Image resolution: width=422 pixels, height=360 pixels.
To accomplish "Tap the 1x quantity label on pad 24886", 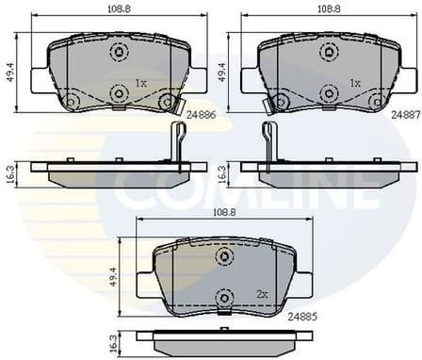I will [x=141, y=83].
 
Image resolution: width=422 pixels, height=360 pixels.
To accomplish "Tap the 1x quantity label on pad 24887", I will [x=355, y=83].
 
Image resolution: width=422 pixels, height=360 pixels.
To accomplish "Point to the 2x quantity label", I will [x=263, y=294].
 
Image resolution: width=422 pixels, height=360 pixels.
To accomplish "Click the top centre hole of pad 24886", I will [x=118, y=52].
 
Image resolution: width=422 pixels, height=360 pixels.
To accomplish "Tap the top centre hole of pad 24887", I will [x=330, y=52].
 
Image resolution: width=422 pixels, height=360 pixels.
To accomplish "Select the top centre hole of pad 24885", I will [x=223, y=256].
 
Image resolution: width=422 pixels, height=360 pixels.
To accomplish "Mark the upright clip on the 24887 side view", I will [x=268, y=141].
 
